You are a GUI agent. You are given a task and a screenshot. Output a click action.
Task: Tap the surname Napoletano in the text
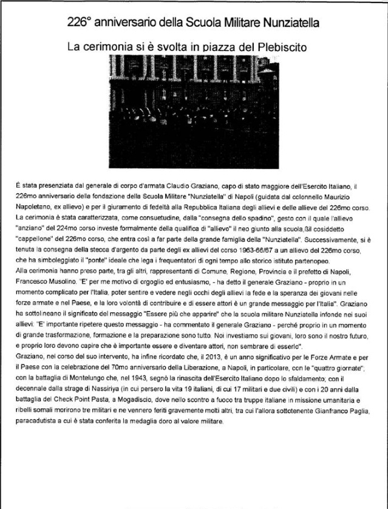coord(33,203)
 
